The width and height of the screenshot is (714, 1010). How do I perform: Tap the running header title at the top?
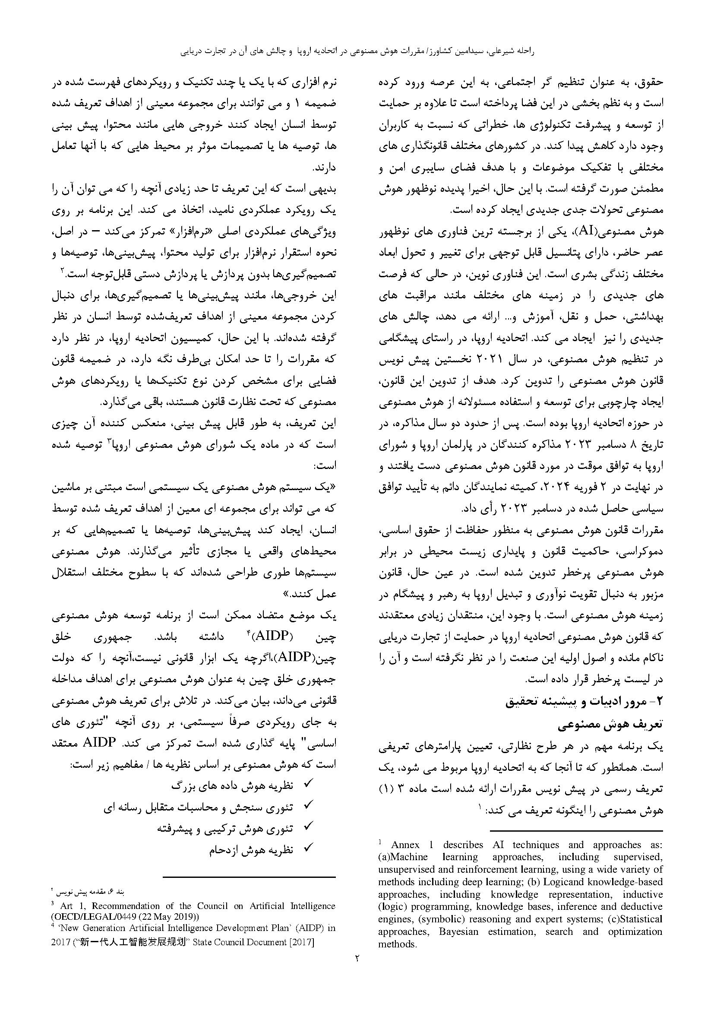(x=357, y=51)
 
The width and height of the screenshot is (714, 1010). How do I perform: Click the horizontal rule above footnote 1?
(x=576, y=831)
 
